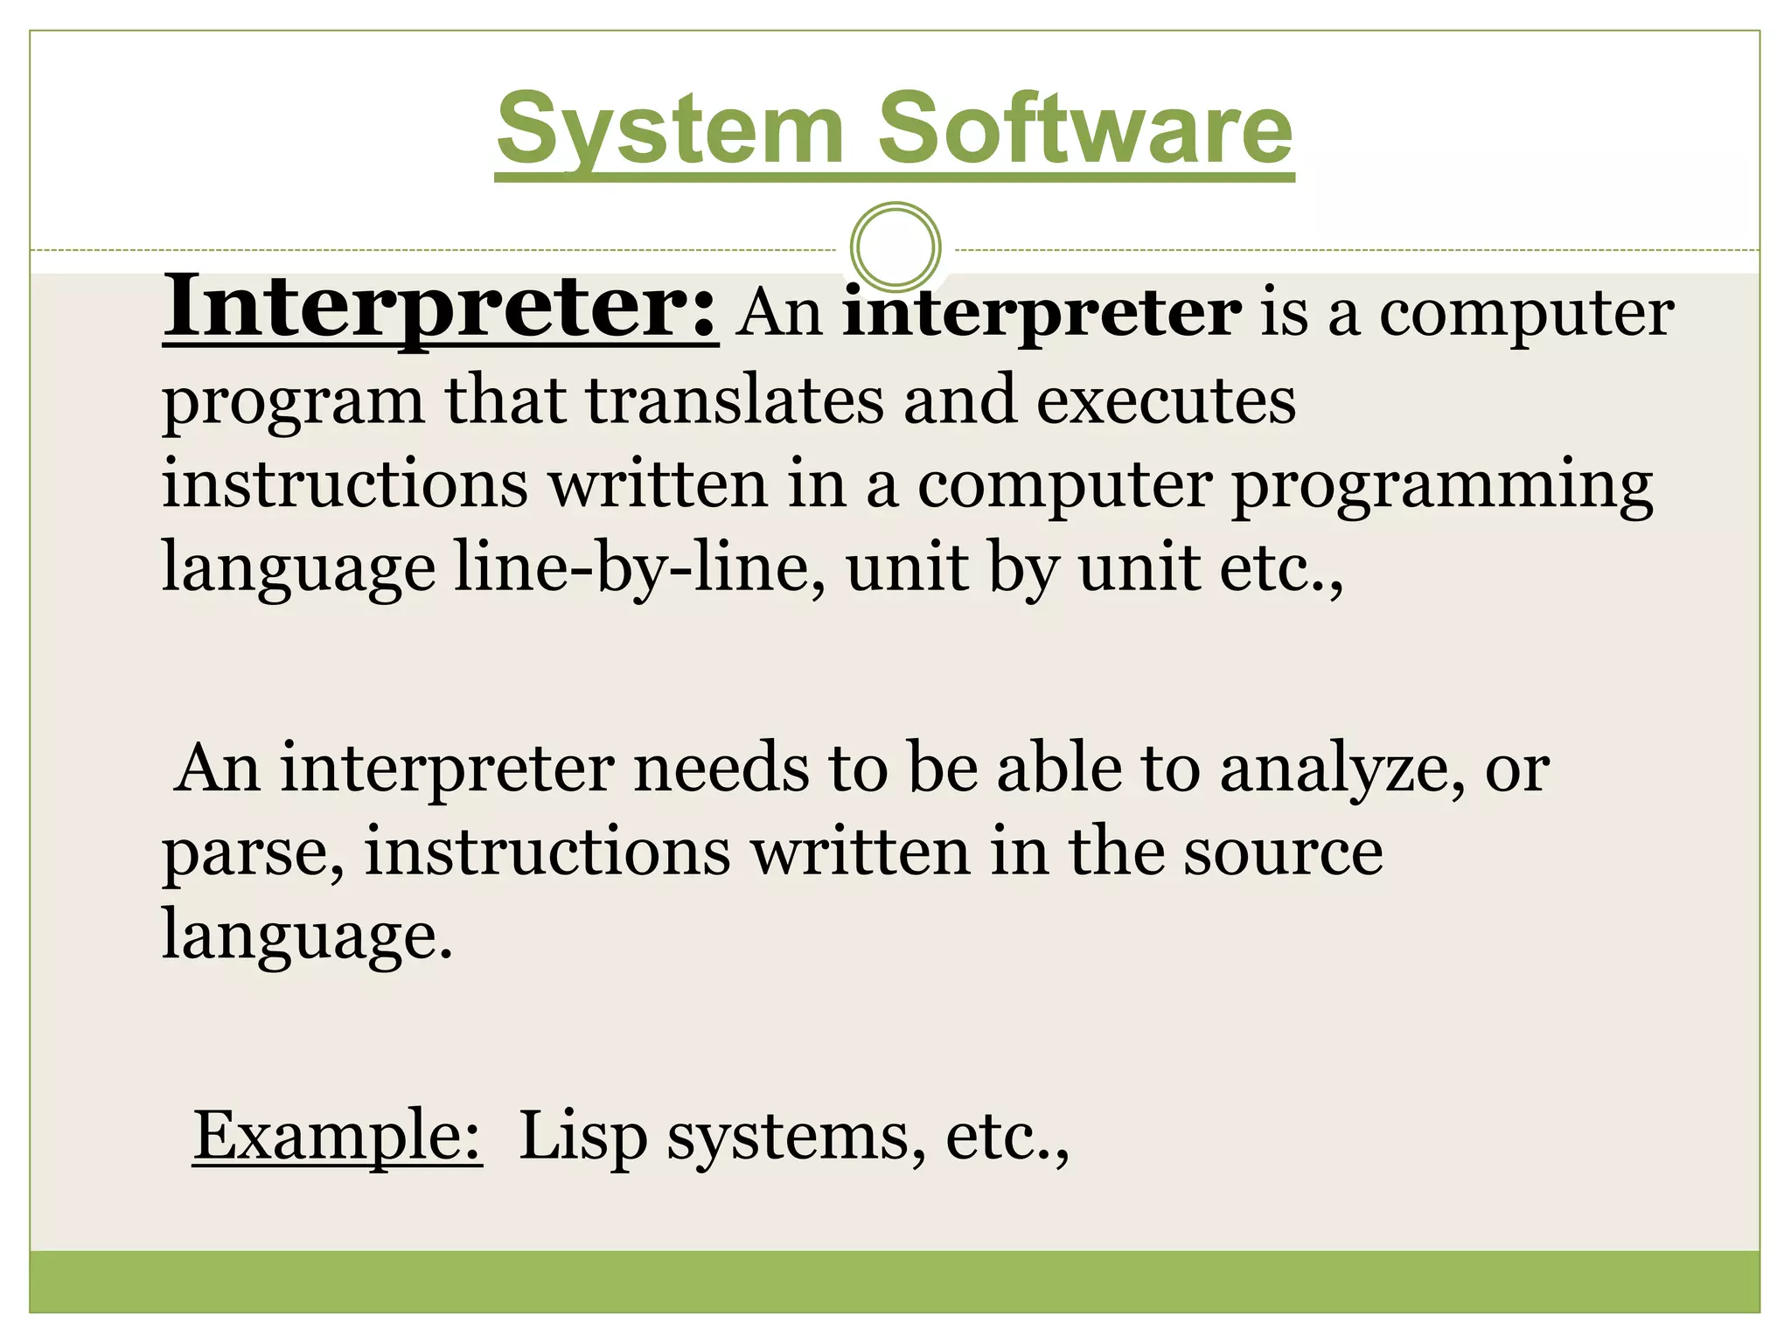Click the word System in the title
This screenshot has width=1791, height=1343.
[x=670, y=129]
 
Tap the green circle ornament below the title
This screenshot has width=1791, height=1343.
[x=895, y=247]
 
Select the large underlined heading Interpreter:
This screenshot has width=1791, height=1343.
[x=440, y=308]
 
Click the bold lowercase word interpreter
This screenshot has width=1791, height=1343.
[x=1042, y=312]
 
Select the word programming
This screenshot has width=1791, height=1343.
[x=1442, y=486]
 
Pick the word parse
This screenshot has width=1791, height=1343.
[x=252, y=853]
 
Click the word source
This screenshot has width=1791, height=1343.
[x=1283, y=852]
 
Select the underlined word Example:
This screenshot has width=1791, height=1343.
[x=337, y=1135]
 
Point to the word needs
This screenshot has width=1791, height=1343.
[x=721, y=768]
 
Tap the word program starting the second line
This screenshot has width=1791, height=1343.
[x=293, y=402]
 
